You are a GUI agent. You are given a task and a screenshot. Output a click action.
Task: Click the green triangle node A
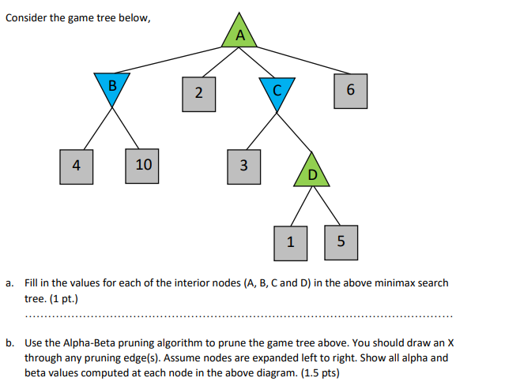pyautogui.click(x=240, y=33)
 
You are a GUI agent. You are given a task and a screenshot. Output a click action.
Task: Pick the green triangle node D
pyautogui.click(x=311, y=170)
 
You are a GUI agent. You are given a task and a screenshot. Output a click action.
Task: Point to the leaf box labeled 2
pyautogui.click(x=198, y=92)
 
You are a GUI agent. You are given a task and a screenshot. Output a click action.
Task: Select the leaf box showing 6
pyautogui.click(x=350, y=90)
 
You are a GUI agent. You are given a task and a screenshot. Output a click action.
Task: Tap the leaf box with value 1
pyautogui.click(x=290, y=241)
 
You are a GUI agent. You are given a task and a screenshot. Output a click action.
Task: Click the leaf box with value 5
pyautogui.click(x=341, y=241)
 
